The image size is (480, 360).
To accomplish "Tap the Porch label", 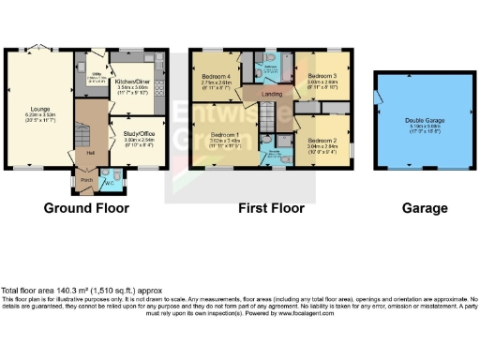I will pyautogui.click(x=86, y=178).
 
